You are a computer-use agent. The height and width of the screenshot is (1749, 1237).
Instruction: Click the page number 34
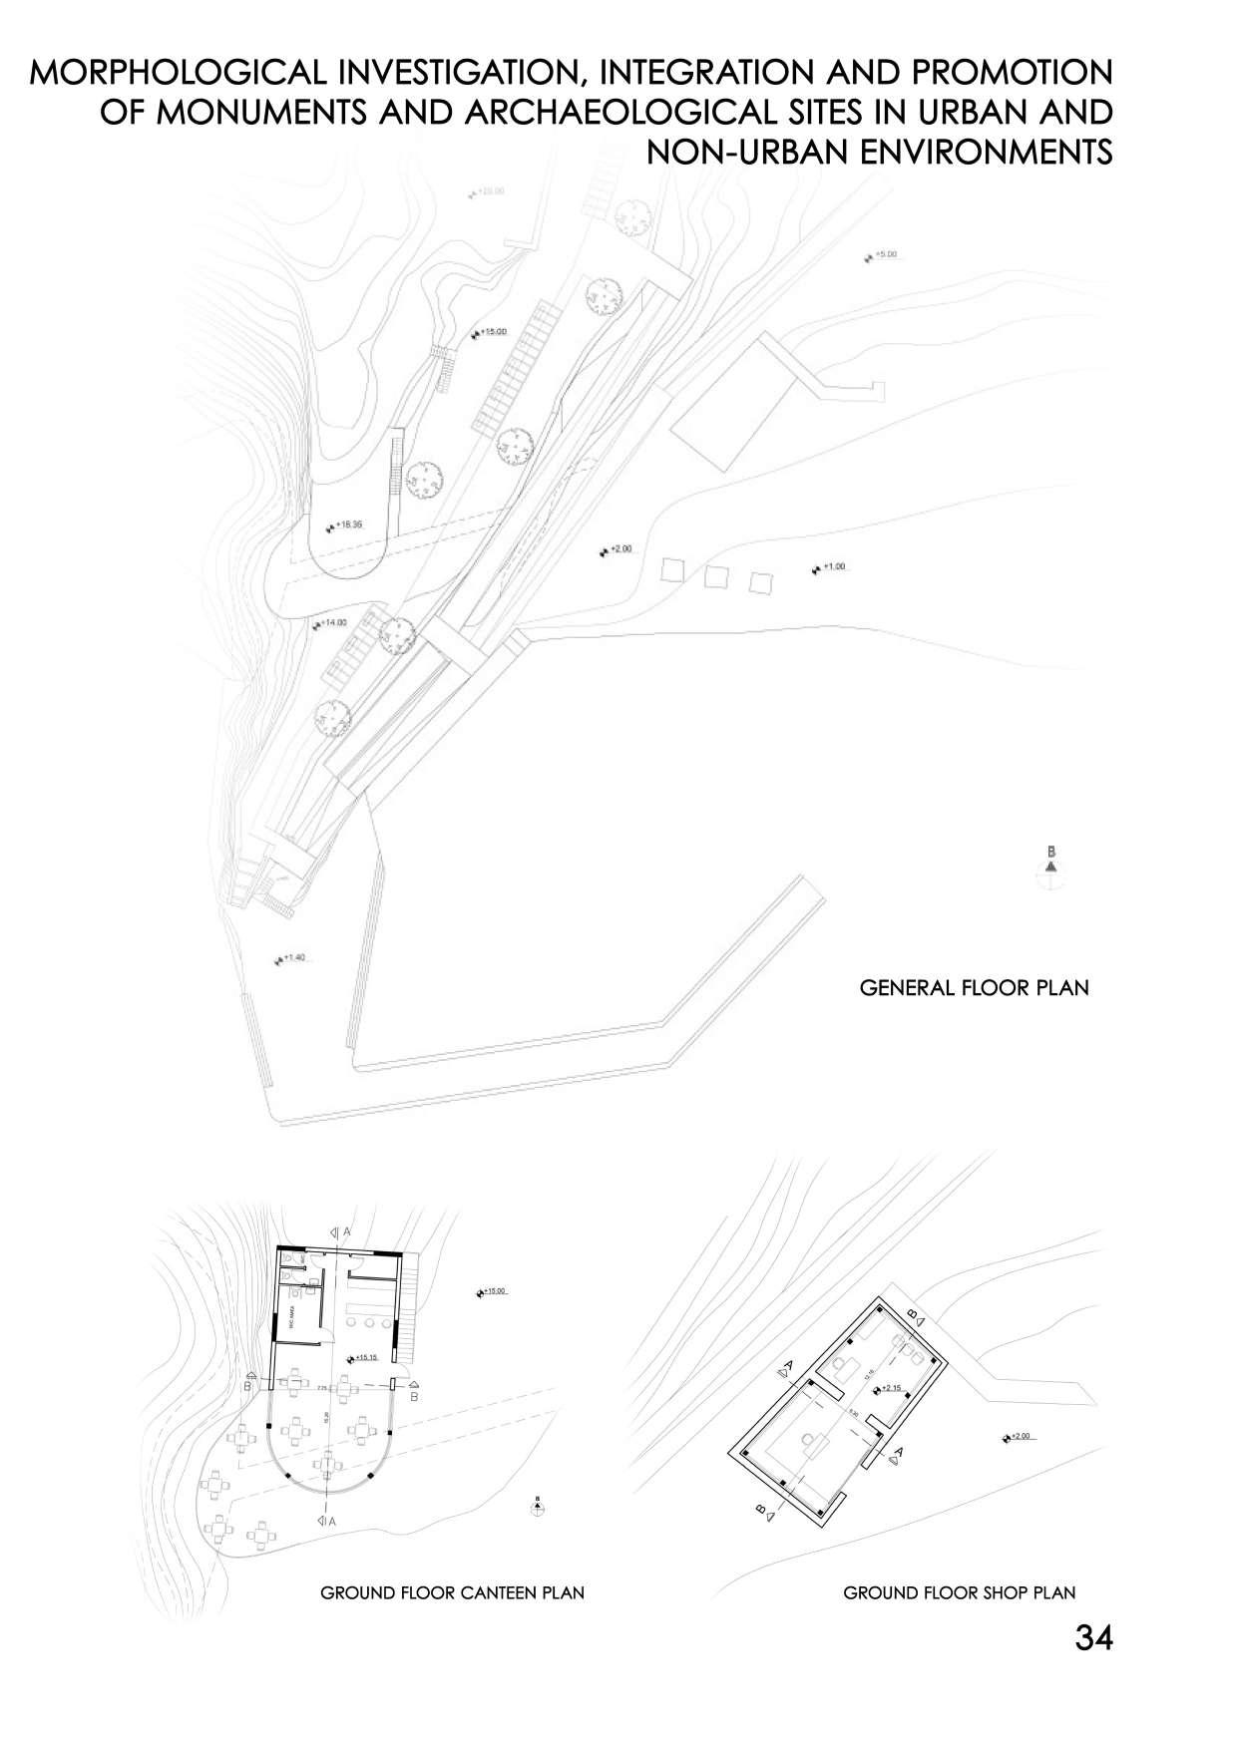1093,1638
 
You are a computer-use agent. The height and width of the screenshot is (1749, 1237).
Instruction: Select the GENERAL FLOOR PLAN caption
974,988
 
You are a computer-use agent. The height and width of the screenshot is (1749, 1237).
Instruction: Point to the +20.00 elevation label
488,191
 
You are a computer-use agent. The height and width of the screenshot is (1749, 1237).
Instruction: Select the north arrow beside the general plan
1049,870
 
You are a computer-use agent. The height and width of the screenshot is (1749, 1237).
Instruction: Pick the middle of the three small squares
715,577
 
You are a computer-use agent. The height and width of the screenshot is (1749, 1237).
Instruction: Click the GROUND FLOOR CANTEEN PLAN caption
452,1592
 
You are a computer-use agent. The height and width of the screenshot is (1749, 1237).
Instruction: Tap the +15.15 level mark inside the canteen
363,1357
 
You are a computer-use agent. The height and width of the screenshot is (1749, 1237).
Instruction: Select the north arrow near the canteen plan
537,1507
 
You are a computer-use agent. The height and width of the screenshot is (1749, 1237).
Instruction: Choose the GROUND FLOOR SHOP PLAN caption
959,1592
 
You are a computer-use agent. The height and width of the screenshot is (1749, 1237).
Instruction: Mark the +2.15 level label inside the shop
889,1388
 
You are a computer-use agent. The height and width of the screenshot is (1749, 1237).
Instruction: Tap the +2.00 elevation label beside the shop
1019,1437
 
